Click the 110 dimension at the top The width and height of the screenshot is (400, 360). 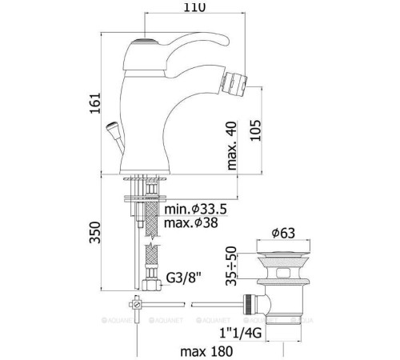point(194,7)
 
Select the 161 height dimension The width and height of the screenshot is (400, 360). point(95,103)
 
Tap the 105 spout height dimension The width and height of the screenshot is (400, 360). point(255,130)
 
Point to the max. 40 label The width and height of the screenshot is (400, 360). point(232,146)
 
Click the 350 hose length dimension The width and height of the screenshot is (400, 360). point(95,232)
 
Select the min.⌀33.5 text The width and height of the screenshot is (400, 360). point(195,209)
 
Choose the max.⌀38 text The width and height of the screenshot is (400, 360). point(191,222)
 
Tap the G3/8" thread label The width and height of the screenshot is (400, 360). point(183,278)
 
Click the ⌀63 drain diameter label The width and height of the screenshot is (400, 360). point(283,233)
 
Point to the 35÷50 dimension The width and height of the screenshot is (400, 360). point(231,266)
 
